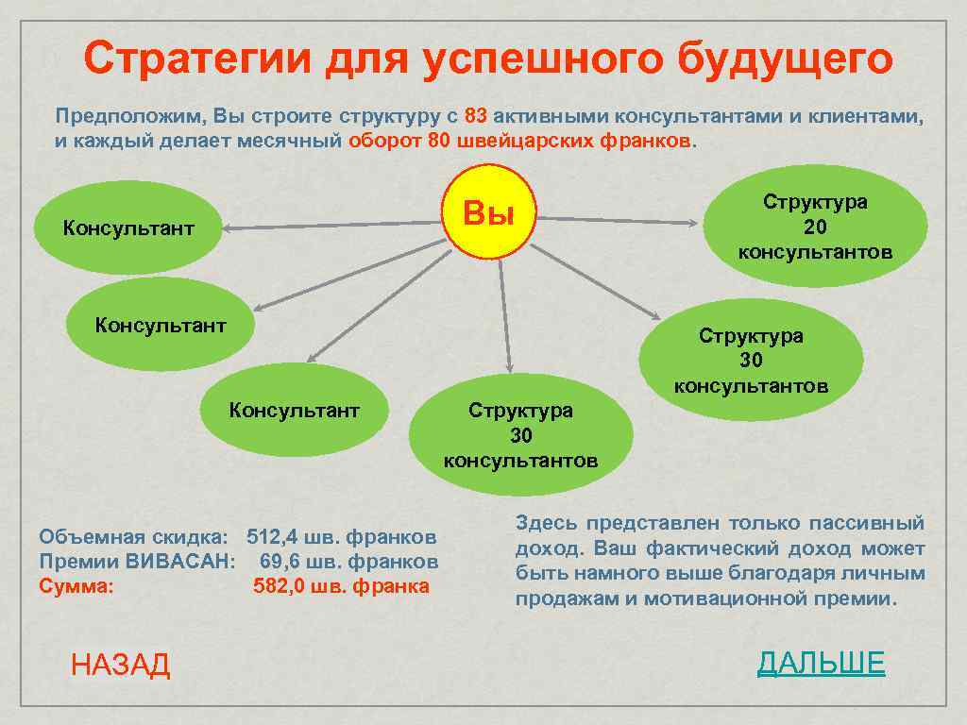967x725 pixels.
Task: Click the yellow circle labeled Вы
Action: tap(488, 211)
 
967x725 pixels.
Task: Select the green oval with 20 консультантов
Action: tap(815, 227)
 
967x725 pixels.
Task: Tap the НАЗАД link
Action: tap(121, 666)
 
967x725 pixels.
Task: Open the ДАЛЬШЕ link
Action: tap(821, 663)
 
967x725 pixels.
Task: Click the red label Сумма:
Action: tap(76, 586)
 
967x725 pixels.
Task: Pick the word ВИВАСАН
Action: tap(185, 562)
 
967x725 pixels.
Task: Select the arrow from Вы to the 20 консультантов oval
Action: tap(619, 220)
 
